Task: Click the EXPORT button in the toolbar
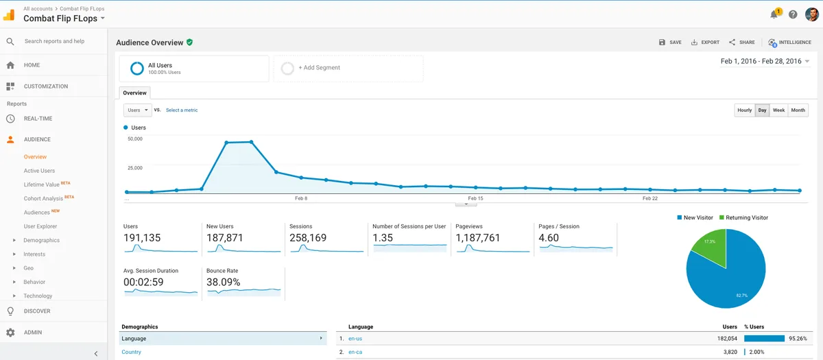coord(705,43)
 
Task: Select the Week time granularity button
coord(778,110)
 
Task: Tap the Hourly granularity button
coord(744,110)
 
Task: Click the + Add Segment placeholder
coord(319,68)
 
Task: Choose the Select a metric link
coord(182,110)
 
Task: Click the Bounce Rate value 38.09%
coord(223,282)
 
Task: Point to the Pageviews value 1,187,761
coord(477,238)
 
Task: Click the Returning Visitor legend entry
coord(743,218)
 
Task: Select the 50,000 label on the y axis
coord(135,139)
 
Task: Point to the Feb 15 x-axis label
coord(475,198)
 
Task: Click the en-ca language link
coord(355,352)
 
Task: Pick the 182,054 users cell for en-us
coord(727,339)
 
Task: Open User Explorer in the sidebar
coord(40,226)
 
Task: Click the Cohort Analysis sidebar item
coord(43,198)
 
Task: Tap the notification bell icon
coord(774,14)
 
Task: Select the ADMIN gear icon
coord(10,333)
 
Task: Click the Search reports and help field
coord(54,41)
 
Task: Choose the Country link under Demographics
coord(131,352)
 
